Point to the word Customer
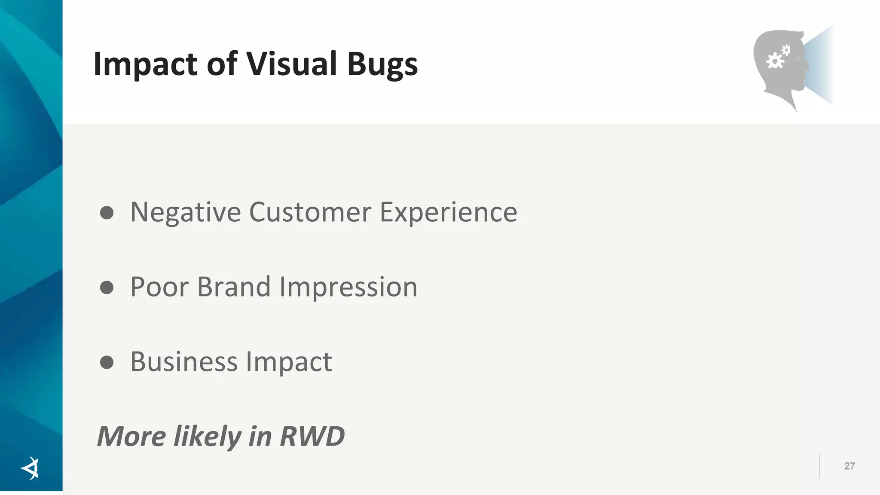(310, 212)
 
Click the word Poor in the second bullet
(159, 287)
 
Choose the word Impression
(348, 287)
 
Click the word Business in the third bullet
(183, 362)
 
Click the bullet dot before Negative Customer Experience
(107, 213)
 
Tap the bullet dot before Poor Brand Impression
(107, 287)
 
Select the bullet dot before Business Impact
(107, 362)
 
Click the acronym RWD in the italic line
(312, 437)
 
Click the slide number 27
(849, 466)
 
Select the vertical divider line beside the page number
(819, 466)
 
